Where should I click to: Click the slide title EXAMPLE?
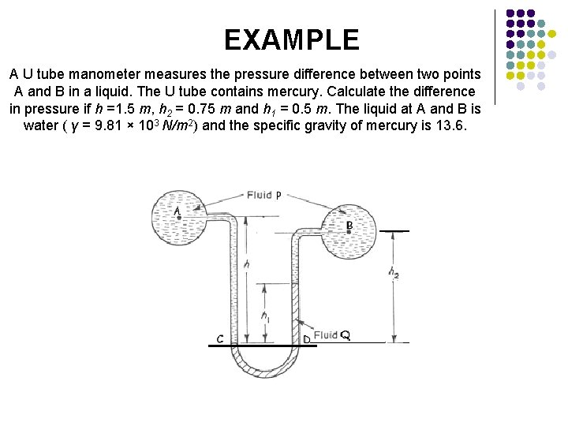(x=291, y=39)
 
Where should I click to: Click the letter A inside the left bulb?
(x=177, y=211)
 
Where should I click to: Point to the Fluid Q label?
(x=331, y=336)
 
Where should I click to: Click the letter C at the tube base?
(x=220, y=339)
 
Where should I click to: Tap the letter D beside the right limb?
(x=306, y=340)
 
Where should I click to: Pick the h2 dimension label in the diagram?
(x=393, y=272)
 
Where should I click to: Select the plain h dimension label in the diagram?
(x=247, y=266)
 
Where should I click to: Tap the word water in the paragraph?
(x=40, y=125)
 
